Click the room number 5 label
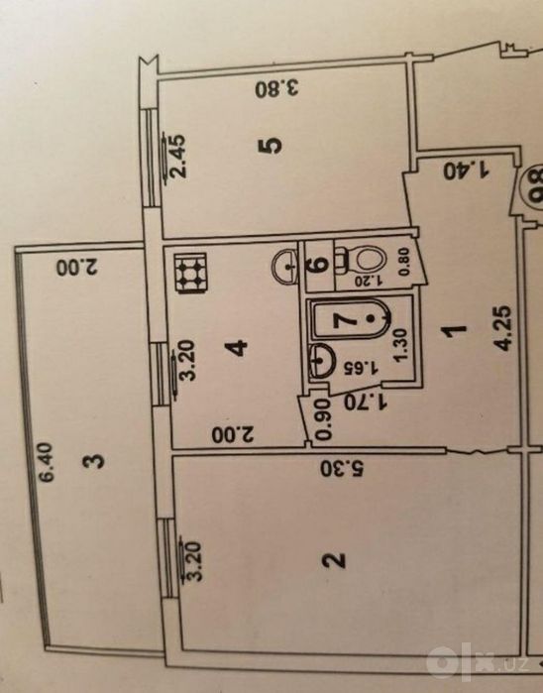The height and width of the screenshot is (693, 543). [x=271, y=145]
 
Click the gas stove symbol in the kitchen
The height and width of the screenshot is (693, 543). [x=192, y=273]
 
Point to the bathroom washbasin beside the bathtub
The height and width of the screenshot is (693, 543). [x=321, y=361]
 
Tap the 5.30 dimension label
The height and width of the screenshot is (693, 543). [x=342, y=469]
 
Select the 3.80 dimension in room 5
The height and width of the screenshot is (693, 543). [x=277, y=89]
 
